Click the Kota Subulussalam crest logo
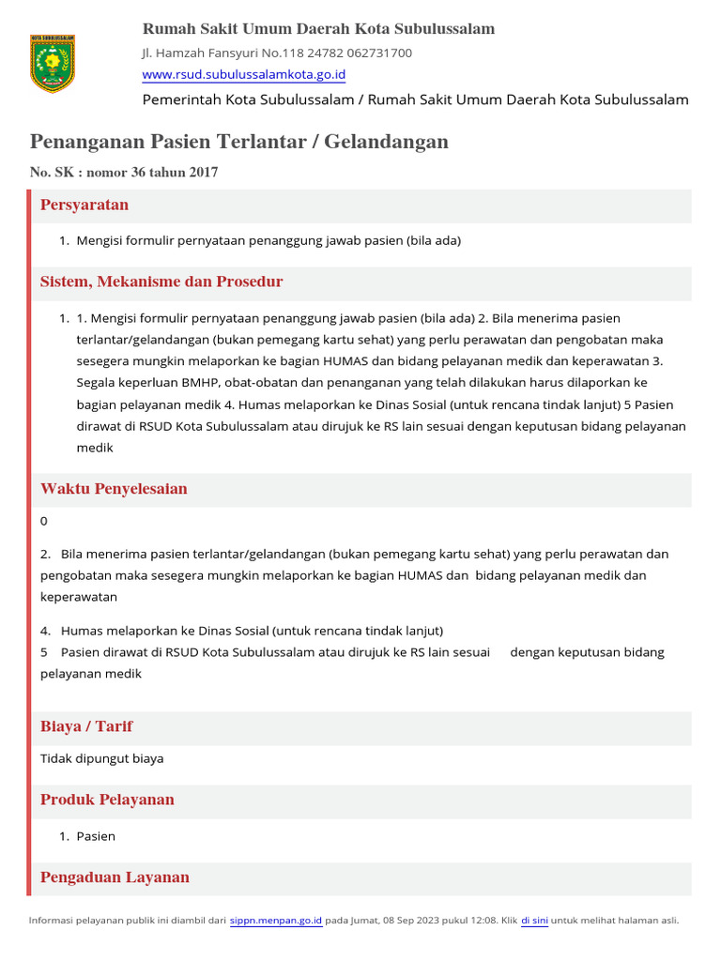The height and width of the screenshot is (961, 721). click(53, 64)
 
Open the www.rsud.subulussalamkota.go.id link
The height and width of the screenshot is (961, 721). click(243, 74)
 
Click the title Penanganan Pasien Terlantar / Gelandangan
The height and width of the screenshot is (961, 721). click(239, 142)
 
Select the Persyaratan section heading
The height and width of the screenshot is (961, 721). click(84, 205)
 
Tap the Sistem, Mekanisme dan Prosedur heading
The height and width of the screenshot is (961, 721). click(161, 282)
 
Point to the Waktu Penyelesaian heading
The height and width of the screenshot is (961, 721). click(114, 489)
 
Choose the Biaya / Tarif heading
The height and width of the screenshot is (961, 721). click(86, 726)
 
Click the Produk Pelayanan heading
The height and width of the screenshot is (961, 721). click(107, 800)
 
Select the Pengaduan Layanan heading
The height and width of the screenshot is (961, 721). click(115, 877)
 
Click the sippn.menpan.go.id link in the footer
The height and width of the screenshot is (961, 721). click(276, 921)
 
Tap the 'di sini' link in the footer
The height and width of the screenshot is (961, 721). click(534, 921)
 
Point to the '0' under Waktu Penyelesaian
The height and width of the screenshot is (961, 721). click(44, 521)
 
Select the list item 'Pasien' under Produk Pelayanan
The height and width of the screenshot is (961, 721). click(96, 836)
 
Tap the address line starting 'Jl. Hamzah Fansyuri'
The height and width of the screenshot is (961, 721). click(276, 53)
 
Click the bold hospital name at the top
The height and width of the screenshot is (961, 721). click(318, 29)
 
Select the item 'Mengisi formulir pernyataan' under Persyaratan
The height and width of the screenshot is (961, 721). click(268, 241)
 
